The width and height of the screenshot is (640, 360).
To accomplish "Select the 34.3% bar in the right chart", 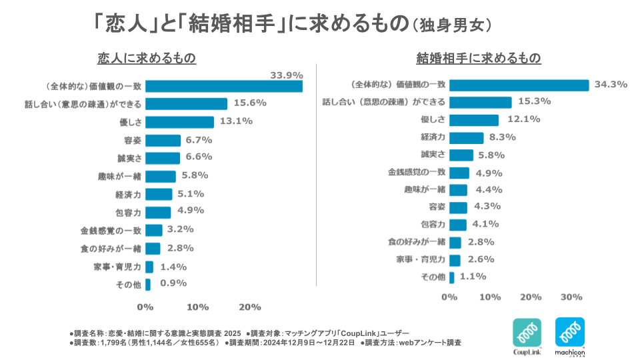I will pos(519,85).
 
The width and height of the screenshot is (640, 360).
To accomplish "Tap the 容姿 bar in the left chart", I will pos(163,140).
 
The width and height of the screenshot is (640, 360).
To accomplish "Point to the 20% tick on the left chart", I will pos(249,307).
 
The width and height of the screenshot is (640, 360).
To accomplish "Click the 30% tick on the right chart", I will pos(571,296).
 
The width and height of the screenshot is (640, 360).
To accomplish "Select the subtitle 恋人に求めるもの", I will pos(147,58).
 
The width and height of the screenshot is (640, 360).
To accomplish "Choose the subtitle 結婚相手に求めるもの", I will pos(478,58).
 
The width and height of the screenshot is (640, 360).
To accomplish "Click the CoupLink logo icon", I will pos(527,332).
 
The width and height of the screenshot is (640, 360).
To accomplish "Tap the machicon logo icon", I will pos(570,332).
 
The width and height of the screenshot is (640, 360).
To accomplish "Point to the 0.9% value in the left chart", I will pos(173,283).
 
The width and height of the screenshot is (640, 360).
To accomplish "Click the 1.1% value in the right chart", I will pos(473,276).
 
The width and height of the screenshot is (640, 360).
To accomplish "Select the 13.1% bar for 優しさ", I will pos(179,122).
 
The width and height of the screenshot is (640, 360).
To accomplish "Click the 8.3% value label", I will pos(503,137).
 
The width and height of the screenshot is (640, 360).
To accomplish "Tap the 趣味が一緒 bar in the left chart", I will pos(161,177).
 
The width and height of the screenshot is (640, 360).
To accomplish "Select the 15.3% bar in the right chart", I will pos(480,102).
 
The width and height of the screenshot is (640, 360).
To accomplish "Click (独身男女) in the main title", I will pos(453,25).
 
